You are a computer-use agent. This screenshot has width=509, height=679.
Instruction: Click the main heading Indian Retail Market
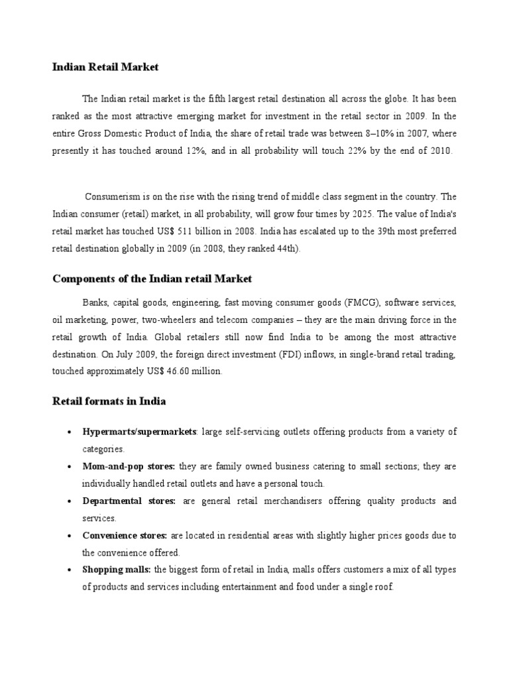pyautogui.click(x=106, y=67)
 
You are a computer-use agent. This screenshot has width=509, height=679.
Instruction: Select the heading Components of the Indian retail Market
pyautogui.click(x=152, y=278)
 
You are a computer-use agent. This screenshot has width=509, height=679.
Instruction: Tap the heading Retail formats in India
pyautogui.click(x=109, y=401)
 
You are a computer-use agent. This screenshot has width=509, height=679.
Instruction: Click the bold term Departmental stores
pyautogui.click(x=129, y=501)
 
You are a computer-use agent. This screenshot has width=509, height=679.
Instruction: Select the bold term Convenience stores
pyautogui.click(x=125, y=535)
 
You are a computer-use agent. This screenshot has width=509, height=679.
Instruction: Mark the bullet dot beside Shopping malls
pyautogui.click(x=70, y=570)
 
